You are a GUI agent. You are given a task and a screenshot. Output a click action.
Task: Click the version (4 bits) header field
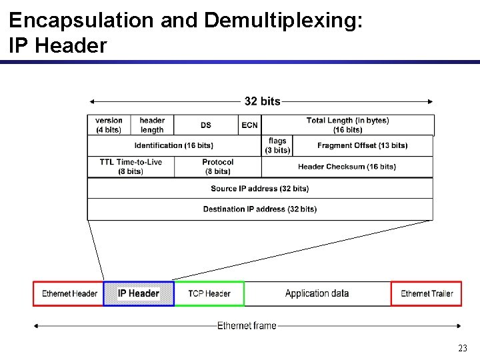109,125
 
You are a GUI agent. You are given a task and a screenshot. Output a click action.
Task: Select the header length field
152,125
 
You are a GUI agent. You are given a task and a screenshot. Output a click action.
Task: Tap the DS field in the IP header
205,125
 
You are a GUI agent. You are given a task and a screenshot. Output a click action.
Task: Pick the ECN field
249,125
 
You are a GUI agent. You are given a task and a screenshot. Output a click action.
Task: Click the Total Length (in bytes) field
347,125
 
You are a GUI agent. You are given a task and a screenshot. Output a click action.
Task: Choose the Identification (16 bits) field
174,145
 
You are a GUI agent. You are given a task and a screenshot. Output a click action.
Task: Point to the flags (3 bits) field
277,145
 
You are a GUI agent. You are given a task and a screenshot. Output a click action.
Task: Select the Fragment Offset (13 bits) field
363,145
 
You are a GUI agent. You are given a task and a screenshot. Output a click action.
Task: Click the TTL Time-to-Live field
131,167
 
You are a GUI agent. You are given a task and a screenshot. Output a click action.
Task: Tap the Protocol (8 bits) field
218,167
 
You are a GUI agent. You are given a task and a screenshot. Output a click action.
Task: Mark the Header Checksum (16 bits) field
347,167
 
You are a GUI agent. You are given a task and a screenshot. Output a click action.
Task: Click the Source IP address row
260,189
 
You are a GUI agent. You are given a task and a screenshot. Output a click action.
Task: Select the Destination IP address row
260,209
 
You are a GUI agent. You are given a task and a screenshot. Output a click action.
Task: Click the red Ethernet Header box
69,294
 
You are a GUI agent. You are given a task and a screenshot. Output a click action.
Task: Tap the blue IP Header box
139,294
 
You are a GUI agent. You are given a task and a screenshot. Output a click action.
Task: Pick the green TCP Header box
209,294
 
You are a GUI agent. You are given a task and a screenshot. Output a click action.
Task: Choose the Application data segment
317,294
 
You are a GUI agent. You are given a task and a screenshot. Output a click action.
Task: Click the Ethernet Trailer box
427,294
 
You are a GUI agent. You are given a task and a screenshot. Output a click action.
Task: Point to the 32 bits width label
262,101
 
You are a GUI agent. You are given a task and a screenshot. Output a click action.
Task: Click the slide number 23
463,348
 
